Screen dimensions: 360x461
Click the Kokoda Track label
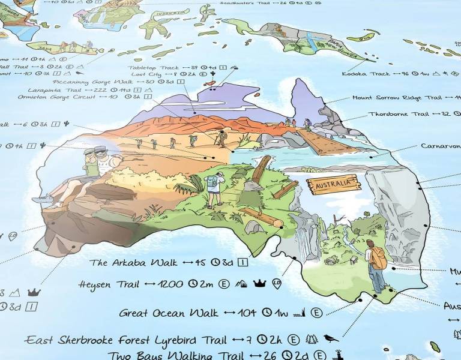tap(363, 74)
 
